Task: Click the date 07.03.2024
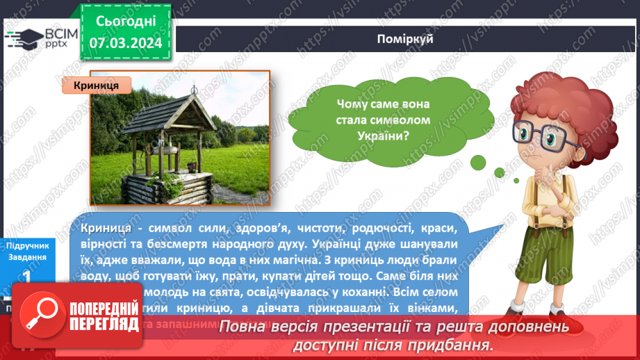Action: (125, 43)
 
